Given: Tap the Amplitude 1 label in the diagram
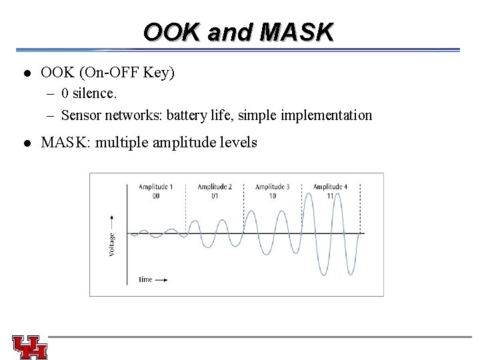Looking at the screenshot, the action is [x=155, y=187].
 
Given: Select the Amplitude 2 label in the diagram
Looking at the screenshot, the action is [x=215, y=187].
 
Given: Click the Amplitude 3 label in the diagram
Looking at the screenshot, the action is [x=272, y=187].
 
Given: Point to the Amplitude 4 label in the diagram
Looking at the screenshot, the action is [x=330, y=187].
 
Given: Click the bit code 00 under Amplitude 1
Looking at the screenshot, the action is [x=155, y=196].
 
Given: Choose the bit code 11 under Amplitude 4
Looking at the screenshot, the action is [x=330, y=196].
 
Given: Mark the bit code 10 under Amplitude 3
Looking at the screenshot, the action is [x=272, y=196].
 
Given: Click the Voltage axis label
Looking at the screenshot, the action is [x=111, y=244].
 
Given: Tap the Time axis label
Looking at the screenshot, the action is [x=146, y=279].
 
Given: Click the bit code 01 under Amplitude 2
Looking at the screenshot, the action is [x=215, y=196].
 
